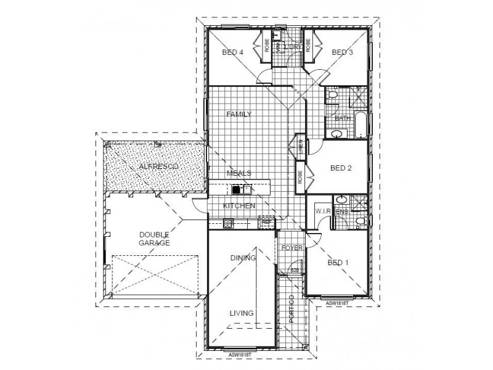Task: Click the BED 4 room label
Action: pyautogui.click(x=233, y=53)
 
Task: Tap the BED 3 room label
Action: pyautogui.click(x=342, y=53)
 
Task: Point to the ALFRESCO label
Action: pyautogui.click(x=160, y=167)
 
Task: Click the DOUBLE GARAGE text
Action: pyautogui.click(x=154, y=239)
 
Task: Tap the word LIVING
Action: pyautogui.click(x=242, y=313)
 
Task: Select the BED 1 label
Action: pyautogui.click(x=338, y=263)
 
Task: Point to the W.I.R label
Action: pyautogui.click(x=324, y=212)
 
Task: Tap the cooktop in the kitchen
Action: pyautogui.click(x=226, y=223)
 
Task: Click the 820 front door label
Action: pyautogui.click(x=294, y=270)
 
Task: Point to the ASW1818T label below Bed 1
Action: pyautogui.click(x=337, y=303)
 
